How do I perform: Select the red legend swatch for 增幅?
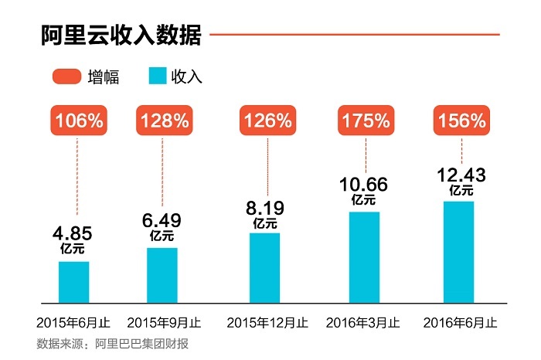pyautogui.click(x=67, y=76)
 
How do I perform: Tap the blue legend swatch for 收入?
pyautogui.click(x=157, y=76)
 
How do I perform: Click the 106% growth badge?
pyautogui.click(x=78, y=121)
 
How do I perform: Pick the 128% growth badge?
pyautogui.click(x=163, y=121)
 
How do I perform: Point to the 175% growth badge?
pyautogui.click(x=364, y=121)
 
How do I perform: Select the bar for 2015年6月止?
pyautogui.click(x=74, y=282)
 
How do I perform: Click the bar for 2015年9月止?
pyautogui.click(x=162, y=275)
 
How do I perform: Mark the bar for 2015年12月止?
pyautogui.click(x=264, y=267)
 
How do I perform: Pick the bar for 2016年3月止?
pyautogui.click(x=364, y=256)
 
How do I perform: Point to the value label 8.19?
pyautogui.click(x=264, y=209)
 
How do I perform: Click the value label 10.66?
pyautogui.click(x=364, y=185)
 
